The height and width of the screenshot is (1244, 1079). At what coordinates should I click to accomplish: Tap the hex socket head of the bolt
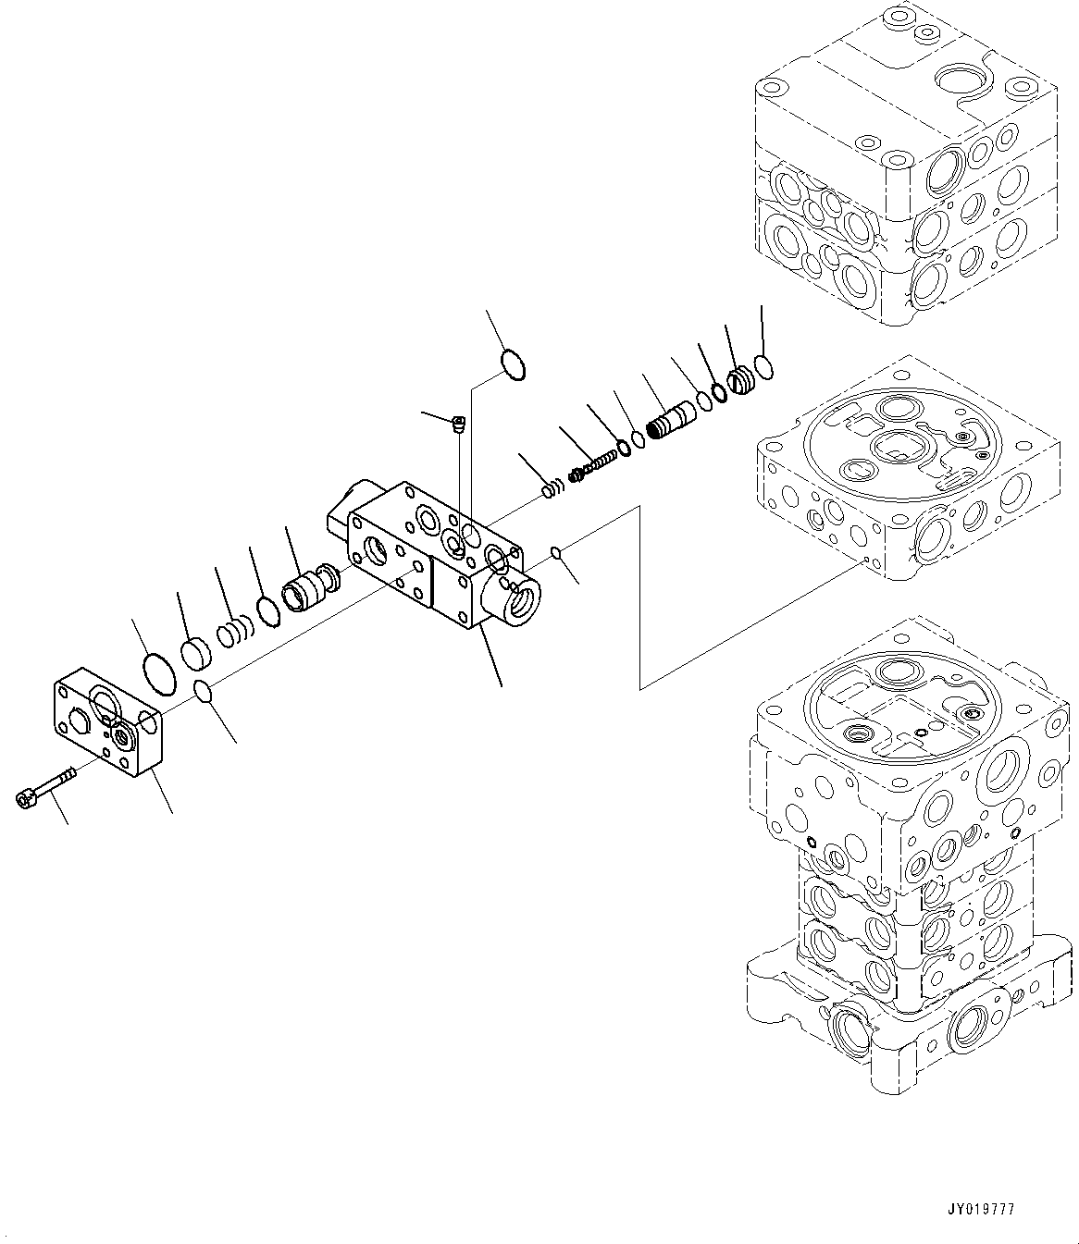(x=26, y=797)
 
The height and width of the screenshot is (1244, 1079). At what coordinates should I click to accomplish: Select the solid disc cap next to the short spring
(x=196, y=653)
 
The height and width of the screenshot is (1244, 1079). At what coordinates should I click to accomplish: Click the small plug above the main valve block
(x=457, y=425)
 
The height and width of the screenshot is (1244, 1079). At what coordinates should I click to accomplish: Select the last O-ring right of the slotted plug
(x=764, y=367)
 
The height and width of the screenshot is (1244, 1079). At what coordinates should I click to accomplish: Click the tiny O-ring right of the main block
(x=554, y=552)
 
